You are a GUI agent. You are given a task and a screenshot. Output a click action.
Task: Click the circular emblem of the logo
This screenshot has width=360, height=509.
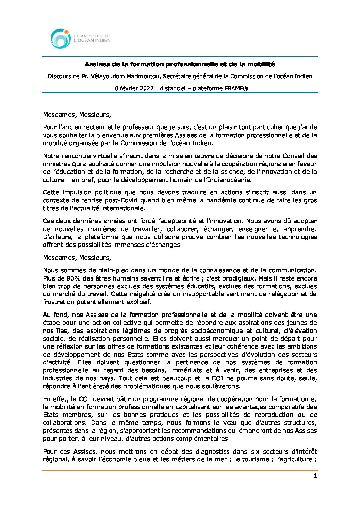(61, 38)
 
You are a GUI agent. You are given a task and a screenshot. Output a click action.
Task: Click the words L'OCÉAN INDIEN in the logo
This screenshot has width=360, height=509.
(92, 40)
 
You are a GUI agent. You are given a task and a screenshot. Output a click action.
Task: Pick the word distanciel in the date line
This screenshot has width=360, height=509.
(173, 88)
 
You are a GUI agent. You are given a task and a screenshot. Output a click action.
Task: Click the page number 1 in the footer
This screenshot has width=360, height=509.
(315, 476)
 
